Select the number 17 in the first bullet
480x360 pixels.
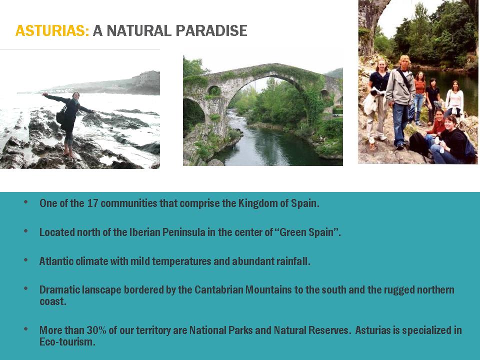92,203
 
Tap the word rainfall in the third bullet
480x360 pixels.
293,261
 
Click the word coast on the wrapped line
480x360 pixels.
52,301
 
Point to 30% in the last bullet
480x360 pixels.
96,330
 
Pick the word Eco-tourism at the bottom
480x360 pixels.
67,341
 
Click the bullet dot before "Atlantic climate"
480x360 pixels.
25,260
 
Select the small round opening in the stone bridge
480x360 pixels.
214,90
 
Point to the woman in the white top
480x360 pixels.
454,99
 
